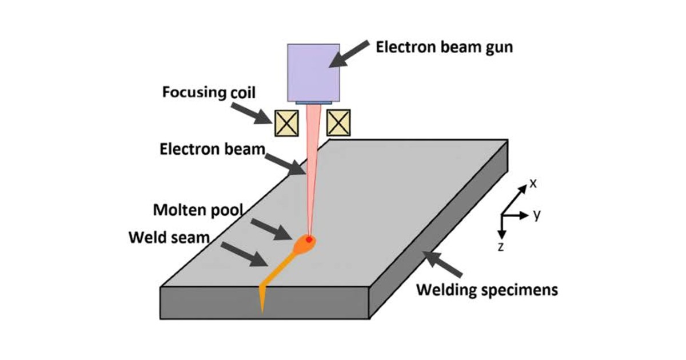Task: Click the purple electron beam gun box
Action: (313, 73)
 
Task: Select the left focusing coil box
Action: (286, 123)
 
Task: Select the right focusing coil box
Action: (338, 123)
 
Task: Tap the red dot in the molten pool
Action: (309, 239)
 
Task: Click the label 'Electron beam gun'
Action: (444, 47)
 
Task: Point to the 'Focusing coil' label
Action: (209, 92)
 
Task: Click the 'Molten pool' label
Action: (198, 210)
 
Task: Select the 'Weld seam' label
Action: (169, 238)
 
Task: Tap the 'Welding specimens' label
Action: (487, 290)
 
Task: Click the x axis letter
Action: (533, 183)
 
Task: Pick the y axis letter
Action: (537, 215)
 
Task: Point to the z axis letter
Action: (501, 247)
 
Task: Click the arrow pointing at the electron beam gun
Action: (349, 54)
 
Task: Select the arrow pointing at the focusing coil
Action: (252, 114)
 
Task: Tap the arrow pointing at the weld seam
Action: (245, 254)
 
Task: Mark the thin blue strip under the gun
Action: (314, 103)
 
